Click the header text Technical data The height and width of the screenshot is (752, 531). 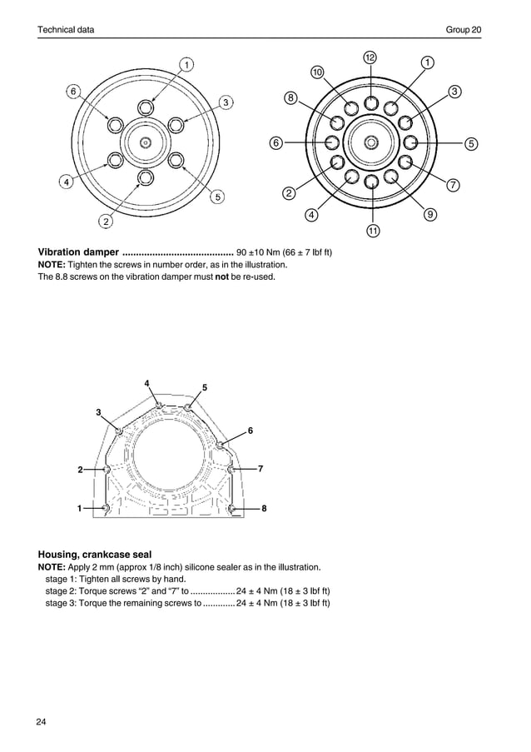click(x=66, y=30)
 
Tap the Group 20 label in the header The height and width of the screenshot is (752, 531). click(x=464, y=30)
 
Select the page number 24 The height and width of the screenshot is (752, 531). click(x=42, y=720)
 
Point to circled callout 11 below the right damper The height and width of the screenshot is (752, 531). click(x=372, y=230)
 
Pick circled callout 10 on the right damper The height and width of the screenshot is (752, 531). click(x=317, y=72)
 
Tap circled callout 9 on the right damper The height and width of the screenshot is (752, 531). click(x=429, y=214)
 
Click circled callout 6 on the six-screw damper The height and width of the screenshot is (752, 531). click(x=74, y=91)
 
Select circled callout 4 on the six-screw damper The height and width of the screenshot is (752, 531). click(x=63, y=183)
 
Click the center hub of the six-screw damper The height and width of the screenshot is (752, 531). click(x=146, y=142)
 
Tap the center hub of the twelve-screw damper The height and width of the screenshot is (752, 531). click(x=372, y=142)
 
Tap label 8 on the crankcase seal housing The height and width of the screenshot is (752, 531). click(x=264, y=508)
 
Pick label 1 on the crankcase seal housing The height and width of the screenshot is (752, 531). click(x=80, y=507)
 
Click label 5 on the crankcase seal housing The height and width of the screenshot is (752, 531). click(x=205, y=388)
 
